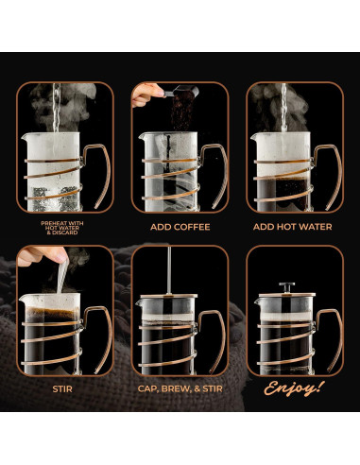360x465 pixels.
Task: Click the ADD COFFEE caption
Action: click(180, 227)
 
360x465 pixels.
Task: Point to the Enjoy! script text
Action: click(293, 387)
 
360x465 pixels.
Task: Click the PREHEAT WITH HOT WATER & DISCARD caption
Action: click(64, 228)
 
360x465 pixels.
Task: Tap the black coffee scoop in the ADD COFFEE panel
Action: click(180, 95)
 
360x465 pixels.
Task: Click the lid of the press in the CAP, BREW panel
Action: click(170, 300)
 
